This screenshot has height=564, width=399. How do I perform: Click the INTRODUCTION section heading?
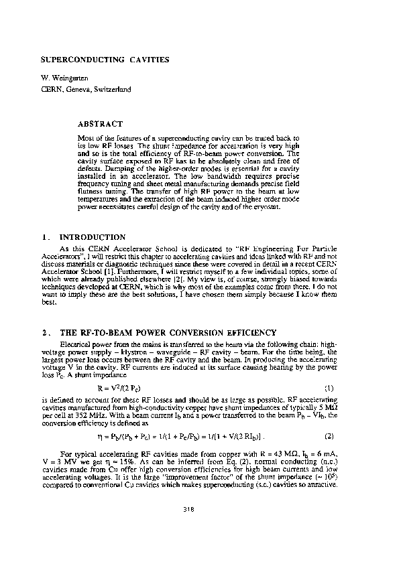pos(93,237)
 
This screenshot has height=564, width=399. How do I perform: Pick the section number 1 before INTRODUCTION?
pos(44,237)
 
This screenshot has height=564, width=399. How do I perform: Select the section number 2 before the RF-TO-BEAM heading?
pos(44,333)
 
